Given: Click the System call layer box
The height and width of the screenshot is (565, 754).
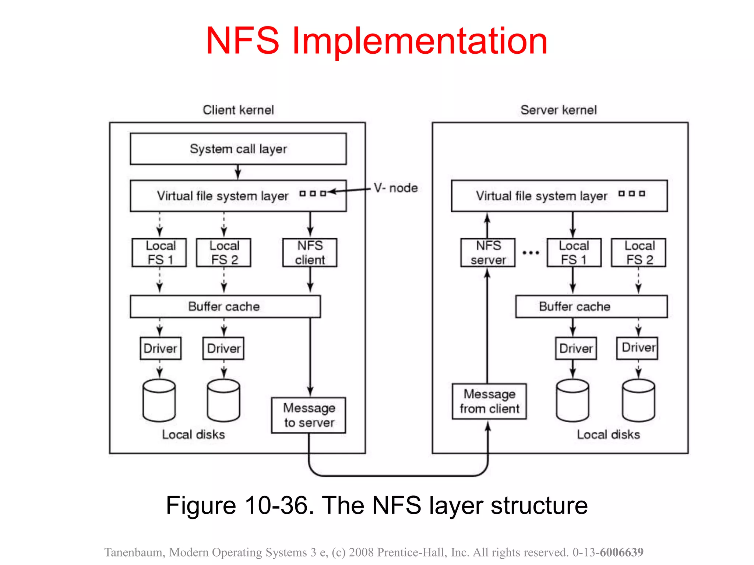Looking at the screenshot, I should click(x=238, y=149).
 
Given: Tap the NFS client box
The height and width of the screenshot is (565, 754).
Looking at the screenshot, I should click(x=310, y=253).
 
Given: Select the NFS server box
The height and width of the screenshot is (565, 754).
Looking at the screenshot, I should click(x=488, y=253).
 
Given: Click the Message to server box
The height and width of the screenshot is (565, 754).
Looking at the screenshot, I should click(x=309, y=415).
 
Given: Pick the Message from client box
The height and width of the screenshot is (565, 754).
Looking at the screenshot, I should click(x=489, y=401).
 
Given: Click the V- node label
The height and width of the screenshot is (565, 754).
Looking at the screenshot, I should click(x=396, y=188).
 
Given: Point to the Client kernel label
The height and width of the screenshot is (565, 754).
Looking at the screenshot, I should click(x=238, y=110).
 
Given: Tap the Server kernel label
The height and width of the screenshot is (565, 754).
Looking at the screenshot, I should click(x=558, y=110).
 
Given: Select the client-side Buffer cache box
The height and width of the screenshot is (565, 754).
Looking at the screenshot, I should click(x=225, y=306).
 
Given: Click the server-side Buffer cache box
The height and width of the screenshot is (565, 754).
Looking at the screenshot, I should click(x=591, y=306).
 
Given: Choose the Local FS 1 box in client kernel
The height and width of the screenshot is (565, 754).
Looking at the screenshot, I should click(x=159, y=253).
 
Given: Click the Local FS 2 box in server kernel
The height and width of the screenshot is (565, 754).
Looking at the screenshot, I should click(x=639, y=253).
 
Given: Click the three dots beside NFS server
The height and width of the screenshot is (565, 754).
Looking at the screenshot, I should click(x=531, y=253).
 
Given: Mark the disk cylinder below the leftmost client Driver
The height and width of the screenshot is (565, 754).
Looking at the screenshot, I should click(x=159, y=400).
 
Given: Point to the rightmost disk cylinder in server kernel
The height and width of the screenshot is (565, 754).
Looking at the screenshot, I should click(x=638, y=400).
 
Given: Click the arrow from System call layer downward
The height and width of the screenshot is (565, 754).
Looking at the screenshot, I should click(x=238, y=172).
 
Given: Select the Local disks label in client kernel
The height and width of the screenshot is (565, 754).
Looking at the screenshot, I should click(x=193, y=434).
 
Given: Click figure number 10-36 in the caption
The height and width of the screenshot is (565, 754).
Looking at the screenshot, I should click(x=279, y=505).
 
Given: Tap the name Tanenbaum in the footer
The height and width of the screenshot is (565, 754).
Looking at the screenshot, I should click(x=134, y=552).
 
